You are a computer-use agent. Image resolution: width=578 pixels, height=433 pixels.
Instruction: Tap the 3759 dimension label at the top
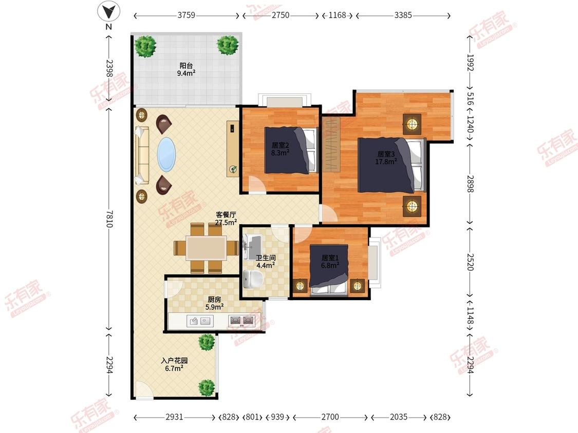coord(186,15)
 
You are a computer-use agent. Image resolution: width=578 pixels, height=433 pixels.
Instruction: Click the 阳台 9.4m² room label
coord(186,69)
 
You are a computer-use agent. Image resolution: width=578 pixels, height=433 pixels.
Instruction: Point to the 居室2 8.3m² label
coord(280,149)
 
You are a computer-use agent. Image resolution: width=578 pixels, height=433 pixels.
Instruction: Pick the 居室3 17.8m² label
coord(386,158)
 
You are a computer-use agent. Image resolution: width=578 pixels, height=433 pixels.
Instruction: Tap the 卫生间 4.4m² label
coord(266,262)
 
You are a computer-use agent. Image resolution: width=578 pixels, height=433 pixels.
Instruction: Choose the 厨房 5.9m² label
coord(215,303)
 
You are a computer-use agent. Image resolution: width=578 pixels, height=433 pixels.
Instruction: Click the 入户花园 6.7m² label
coord(174,364)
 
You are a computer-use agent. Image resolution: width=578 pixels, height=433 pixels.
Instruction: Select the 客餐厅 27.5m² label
coord(226,219)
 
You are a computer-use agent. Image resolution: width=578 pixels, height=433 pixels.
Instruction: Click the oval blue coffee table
coord(166,154)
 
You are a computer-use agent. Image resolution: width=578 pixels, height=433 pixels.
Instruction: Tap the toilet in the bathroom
coord(253,279)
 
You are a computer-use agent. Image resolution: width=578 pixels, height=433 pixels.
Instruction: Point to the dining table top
coord(207,248)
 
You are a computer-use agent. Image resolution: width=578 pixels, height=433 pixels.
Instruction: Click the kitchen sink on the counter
coord(200,321)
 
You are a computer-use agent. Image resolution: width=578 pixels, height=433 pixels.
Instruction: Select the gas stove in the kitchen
coord(242,321)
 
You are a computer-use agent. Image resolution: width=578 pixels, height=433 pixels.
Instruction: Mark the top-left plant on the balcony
coord(145,46)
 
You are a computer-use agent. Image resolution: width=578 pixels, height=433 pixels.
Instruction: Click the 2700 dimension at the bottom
coord(330,417)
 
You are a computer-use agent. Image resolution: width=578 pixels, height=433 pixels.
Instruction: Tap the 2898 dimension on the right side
coord(470,183)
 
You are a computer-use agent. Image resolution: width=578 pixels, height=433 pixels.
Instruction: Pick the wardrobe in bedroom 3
coord(331,144)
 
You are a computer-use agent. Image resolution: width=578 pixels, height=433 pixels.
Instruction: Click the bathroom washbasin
coord(253,245)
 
